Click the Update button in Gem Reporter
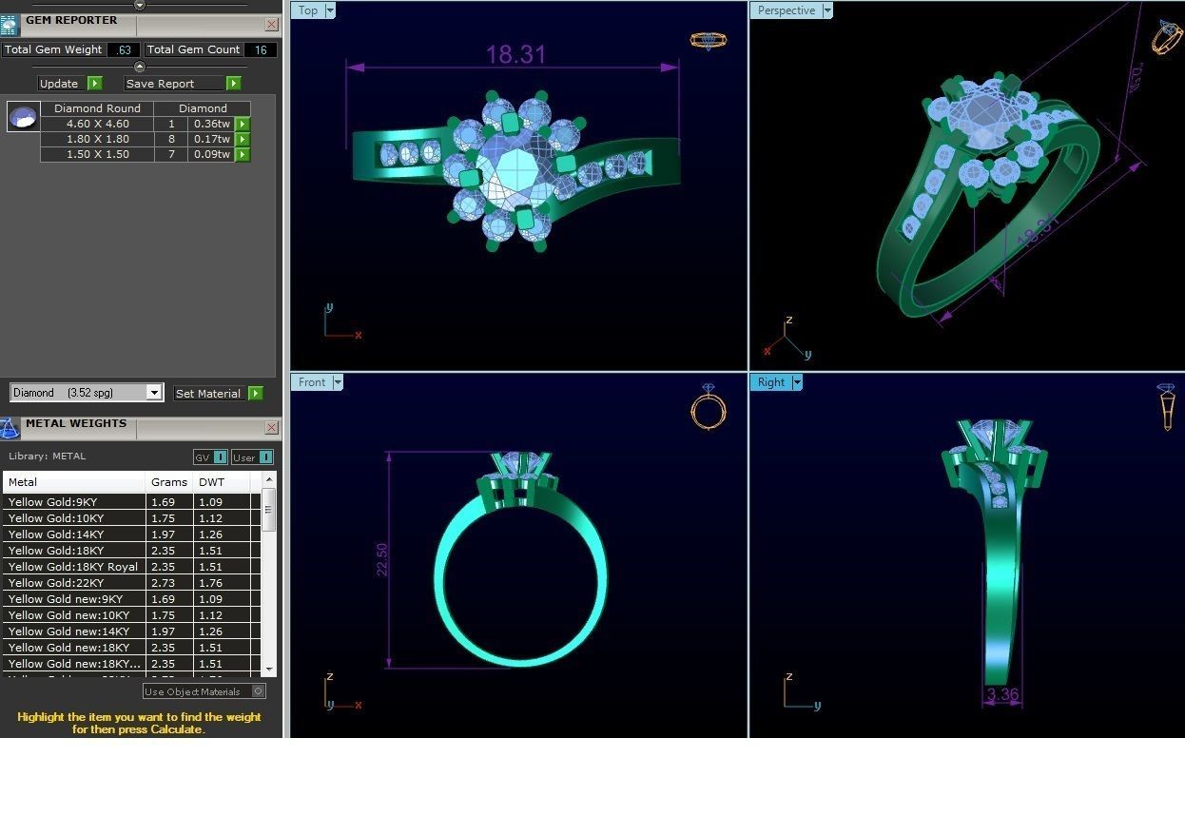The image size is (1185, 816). [x=59, y=84]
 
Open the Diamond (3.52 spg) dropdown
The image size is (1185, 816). [x=153, y=393]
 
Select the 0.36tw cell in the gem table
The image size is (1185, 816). [x=211, y=124]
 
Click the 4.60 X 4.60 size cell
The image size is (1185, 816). [x=97, y=124]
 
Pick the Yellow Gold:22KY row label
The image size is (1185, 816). [x=56, y=583]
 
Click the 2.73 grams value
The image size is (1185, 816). [x=163, y=583]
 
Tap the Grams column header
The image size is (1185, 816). [x=169, y=482]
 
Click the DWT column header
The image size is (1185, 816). [x=210, y=482]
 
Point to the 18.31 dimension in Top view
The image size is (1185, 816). [x=515, y=54]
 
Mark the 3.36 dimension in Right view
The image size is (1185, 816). [x=1002, y=694]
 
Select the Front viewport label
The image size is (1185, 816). [x=312, y=382]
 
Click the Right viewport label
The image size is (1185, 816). [x=770, y=382]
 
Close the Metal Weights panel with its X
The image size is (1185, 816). [x=271, y=428]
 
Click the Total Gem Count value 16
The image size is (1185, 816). [x=261, y=49]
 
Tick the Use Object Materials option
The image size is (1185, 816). [x=259, y=691]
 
